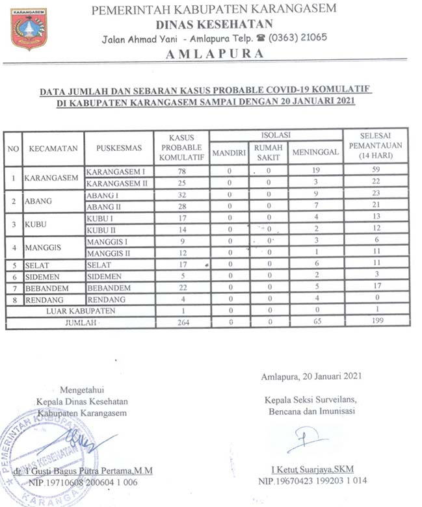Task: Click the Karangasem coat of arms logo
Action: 29,29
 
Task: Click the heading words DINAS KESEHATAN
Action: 213,25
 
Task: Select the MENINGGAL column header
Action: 315,151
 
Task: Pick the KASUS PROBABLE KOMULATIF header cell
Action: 181,148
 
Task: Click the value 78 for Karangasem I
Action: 182,171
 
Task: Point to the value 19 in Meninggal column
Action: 315,171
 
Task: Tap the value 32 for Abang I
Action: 182,194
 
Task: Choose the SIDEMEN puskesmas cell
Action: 104,276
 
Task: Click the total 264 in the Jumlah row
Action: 182,322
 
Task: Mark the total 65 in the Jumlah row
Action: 315,322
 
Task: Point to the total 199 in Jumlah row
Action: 376,321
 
